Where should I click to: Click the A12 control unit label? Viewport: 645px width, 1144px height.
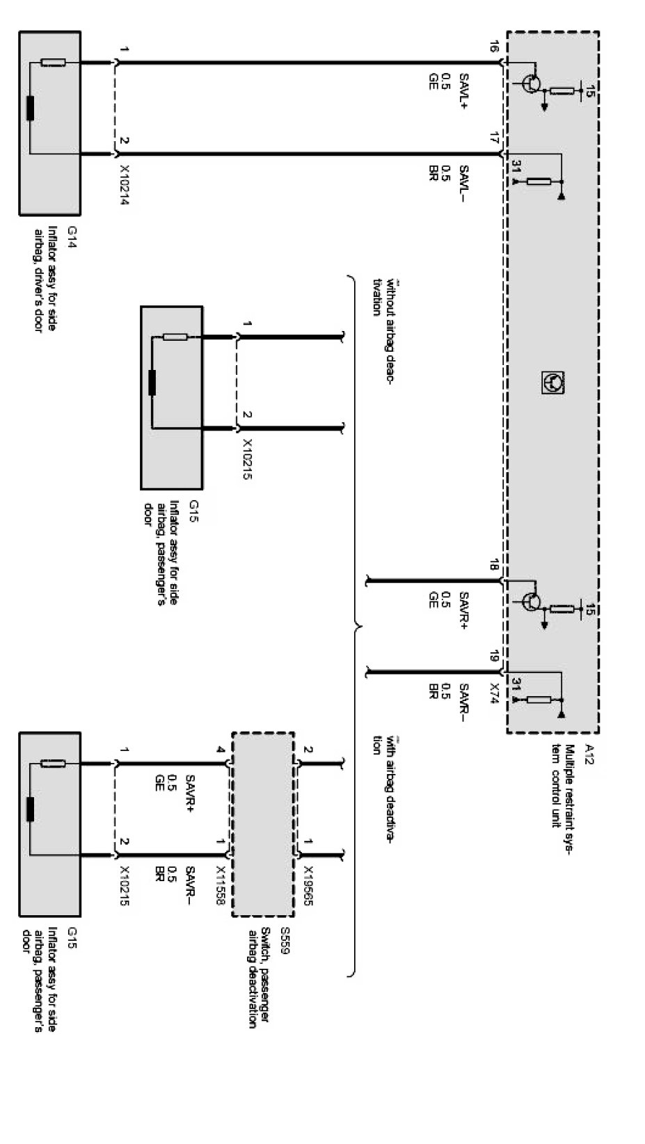coord(589,754)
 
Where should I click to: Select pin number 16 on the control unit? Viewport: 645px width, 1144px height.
coord(493,47)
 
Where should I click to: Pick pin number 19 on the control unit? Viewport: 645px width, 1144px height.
coord(493,656)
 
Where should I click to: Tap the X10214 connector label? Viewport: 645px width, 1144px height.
coord(125,186)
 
